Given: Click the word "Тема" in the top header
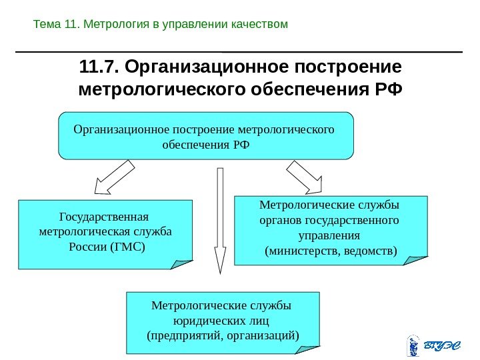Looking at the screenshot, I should coord(47,25).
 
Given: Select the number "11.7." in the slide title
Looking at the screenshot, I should coord(99,67).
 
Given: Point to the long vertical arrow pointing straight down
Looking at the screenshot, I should coord(219,220).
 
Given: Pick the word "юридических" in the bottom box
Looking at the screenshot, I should coord(221,319).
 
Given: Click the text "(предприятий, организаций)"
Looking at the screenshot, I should coord(222,334).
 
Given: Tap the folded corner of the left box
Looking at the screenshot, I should coord(181,264).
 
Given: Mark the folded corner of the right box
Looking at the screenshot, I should coord(415,259).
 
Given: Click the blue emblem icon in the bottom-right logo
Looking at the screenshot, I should coord(413,346).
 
